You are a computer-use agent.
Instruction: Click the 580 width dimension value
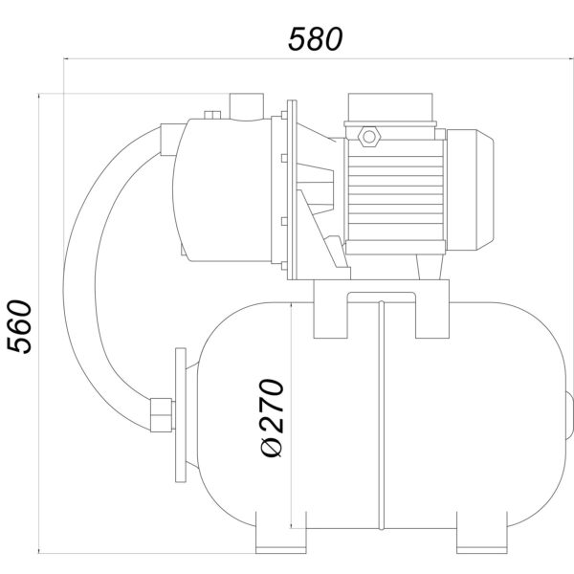315,39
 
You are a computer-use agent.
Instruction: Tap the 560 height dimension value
19,326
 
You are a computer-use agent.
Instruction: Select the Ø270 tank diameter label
272,418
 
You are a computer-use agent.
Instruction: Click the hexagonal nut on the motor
369,137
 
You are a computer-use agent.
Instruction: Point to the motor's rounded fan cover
470,189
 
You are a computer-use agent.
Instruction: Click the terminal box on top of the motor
390,109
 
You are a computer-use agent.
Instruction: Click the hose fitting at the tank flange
162,415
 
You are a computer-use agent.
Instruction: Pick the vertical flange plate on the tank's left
181,415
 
